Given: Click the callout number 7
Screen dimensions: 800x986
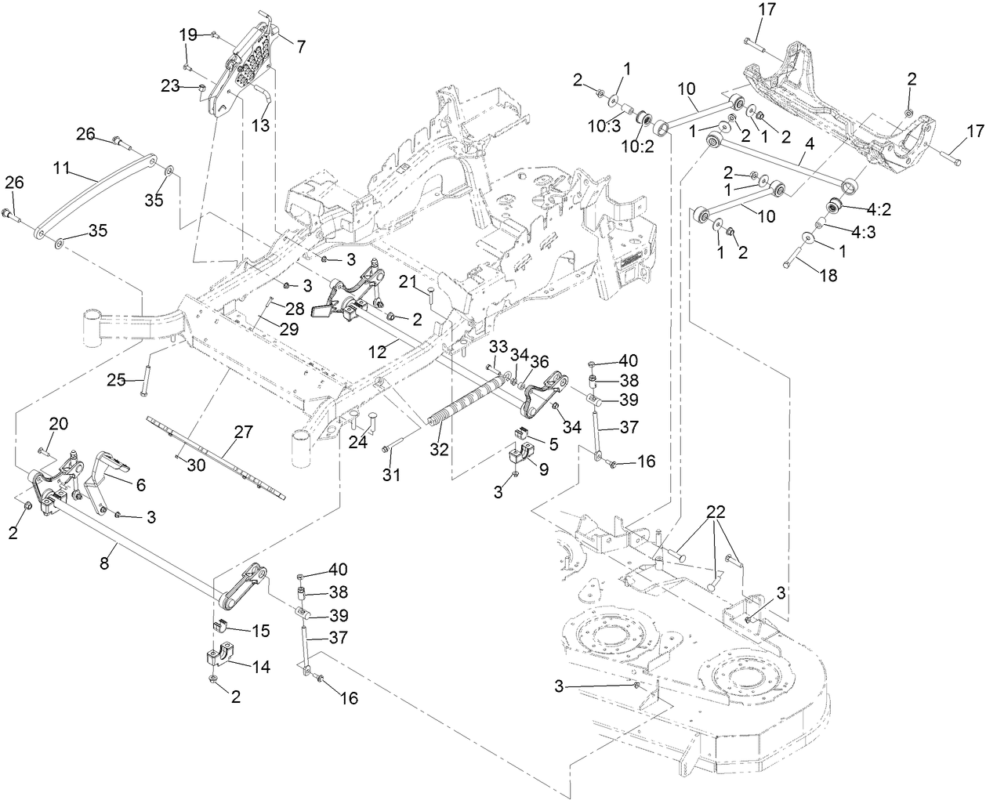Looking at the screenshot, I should (x=300, y=46).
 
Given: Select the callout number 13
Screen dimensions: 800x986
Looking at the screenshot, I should (x=259, y=125).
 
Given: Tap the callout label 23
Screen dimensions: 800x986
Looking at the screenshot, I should (x=171, y=86).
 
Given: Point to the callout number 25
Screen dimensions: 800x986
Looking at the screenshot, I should (x=116, y=380).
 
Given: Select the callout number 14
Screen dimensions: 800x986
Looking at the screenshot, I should (x=261, y=666).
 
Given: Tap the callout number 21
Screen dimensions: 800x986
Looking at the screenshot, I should (x=407, y=281).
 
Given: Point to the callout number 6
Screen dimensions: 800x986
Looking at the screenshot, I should (x=140, y=485).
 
